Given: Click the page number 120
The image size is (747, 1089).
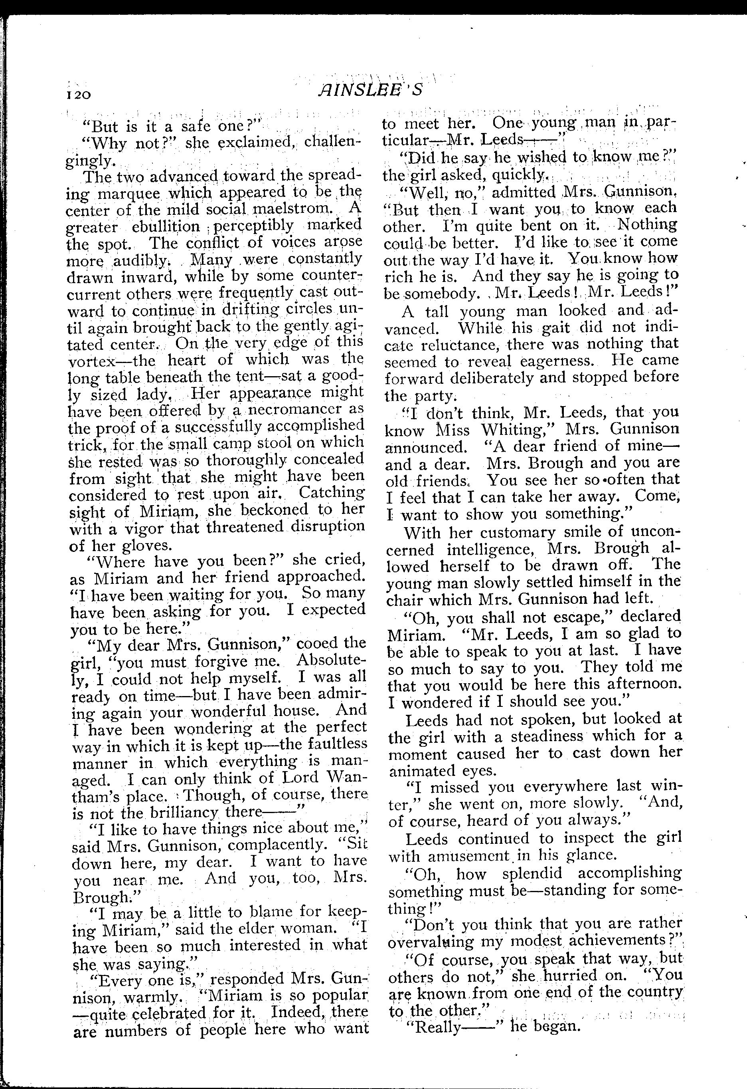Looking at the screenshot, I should tap(79, 94).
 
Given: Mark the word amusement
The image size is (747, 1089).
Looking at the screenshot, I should tap(469, 855).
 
